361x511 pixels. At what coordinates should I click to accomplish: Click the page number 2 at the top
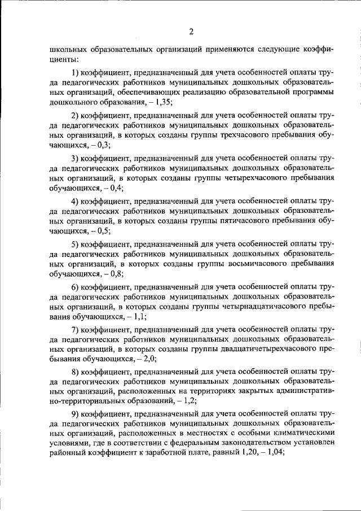[192, 31]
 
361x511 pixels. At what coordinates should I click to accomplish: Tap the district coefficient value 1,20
[239, 455]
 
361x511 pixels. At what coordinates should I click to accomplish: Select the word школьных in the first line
[67, 49]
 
